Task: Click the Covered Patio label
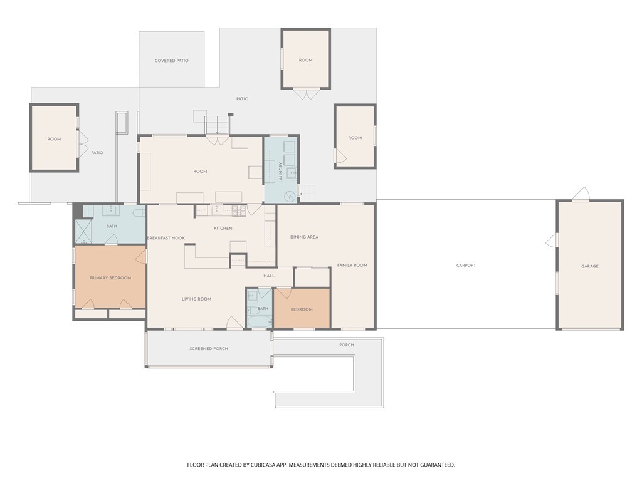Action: (172, 61)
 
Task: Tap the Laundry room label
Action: (281, 172)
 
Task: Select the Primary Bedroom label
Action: (110, 278)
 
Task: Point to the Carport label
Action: (466, 266)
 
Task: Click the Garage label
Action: (589, 266)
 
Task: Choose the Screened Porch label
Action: (209, 349)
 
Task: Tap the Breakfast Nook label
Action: (166, 238)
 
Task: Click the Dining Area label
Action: (304, 237)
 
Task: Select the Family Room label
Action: (352, 266)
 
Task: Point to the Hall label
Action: (269, 276)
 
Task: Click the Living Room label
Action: (196, 299)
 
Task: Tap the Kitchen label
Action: (223, 228)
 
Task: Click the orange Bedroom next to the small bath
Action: (302, 309)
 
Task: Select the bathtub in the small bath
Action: (259, 321)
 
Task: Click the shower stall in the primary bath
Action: (83, 232)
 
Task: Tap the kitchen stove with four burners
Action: (239, 210)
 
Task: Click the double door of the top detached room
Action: (306, 94)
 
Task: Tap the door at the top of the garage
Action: (581, 194)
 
